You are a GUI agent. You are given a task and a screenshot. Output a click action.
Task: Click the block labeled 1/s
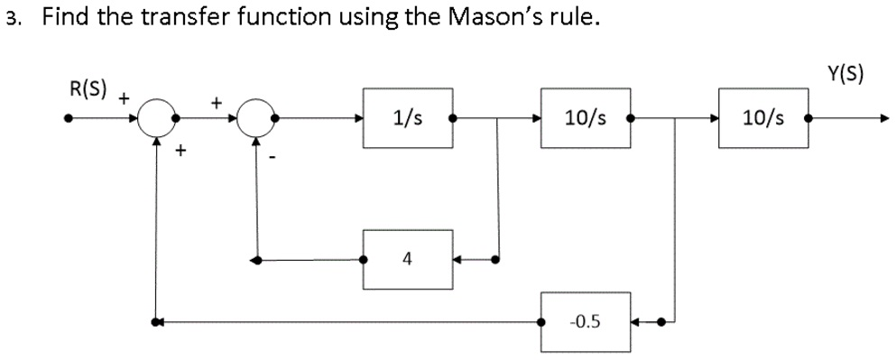[x=408, y=117]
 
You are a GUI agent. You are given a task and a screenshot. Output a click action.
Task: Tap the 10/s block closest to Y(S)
[x=762, y=117]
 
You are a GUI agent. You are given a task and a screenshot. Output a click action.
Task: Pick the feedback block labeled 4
[x=408, y=260]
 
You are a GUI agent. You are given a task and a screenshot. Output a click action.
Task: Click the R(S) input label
[x=88, y=89]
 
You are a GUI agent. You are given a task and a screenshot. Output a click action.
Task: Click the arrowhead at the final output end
[x=885, y=118]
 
